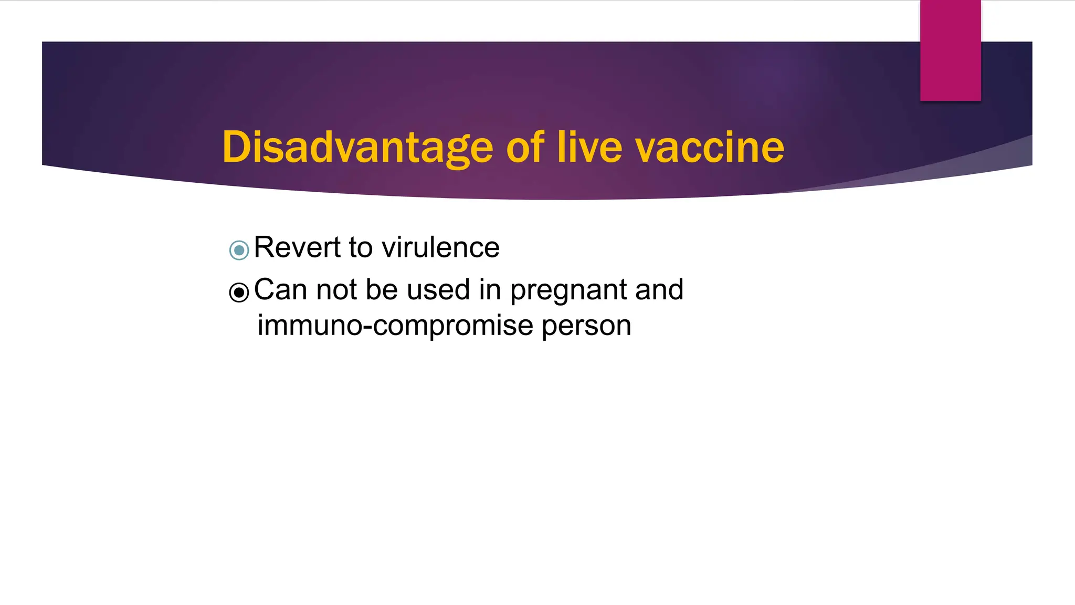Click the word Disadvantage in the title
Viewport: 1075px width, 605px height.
tap(357, 148)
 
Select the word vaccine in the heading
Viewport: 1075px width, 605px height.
tap(710, 148)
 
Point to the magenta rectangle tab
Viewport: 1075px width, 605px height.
tap(950, 50)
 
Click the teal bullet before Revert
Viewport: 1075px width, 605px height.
tap(239, 250)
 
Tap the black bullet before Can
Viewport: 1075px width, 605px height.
tap(239, 292)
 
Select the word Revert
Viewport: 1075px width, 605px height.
tap(297, 247)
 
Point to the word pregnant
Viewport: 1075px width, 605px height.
tap(568, 290)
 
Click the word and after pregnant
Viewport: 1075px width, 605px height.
tap(659, 289)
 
